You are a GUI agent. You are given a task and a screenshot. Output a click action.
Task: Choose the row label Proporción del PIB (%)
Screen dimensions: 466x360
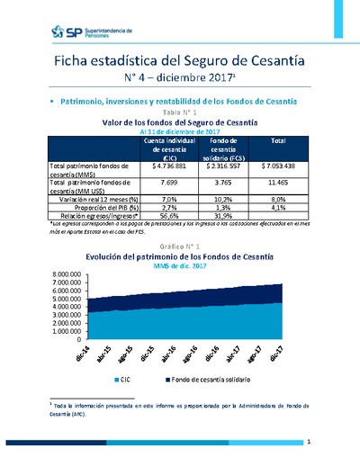(x=99, y=207)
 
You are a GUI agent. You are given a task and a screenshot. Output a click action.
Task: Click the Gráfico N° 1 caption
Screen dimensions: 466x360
(x=180, y=246)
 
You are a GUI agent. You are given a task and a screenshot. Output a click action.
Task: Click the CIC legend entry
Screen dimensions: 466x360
(x=129, y=381)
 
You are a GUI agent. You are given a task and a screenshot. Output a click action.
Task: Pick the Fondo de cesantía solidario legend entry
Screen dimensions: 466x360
(x=194, y=381)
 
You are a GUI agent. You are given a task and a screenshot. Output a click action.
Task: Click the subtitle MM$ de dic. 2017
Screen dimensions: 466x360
(x=180, y=266)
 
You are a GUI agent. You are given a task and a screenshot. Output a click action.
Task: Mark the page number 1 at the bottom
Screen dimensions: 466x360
(x=308, y=442)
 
